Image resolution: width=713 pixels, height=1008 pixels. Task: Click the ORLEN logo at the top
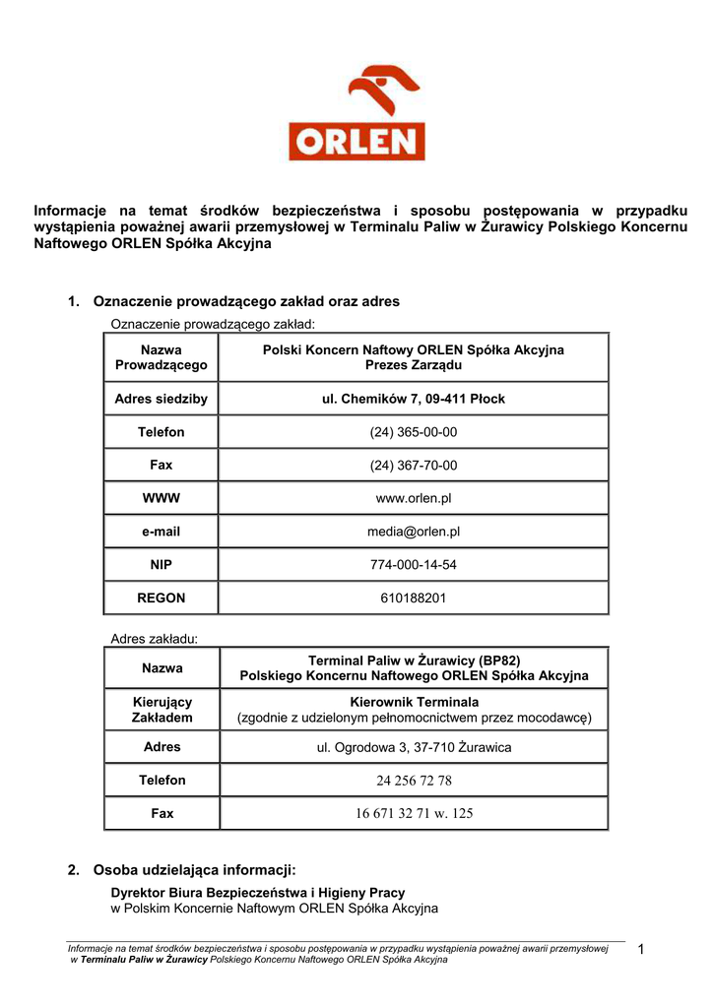[356, 113]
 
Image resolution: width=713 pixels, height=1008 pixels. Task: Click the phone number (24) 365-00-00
[414, 432]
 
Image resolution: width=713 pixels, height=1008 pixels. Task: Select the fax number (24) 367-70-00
[414, 466]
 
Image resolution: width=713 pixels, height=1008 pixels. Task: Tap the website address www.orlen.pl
[414, 498]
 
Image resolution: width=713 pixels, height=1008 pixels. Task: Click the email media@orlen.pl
[414, 532]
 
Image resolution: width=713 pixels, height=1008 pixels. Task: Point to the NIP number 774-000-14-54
[414, 565]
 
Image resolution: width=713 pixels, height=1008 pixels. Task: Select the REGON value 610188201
[414, 598]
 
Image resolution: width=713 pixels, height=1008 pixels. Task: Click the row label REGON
[162, 598]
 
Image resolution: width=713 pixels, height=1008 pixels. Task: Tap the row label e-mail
[162, 532]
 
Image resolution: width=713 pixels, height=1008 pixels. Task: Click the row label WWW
[162, 498]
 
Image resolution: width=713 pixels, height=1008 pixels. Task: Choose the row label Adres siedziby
[162, 399]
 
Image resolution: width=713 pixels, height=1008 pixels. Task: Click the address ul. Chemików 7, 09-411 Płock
[414, 399]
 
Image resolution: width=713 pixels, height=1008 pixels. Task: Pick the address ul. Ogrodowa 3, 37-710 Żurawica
[414, 747]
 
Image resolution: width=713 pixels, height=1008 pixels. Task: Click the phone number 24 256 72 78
[414, 781]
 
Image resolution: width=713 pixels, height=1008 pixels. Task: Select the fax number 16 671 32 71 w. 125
[414, 814]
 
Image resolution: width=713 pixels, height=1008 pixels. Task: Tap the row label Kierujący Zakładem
[162, 710]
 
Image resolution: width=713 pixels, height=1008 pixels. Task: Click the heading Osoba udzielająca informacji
[194, 870]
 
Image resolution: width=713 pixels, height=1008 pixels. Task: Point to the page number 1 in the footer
[641, 950]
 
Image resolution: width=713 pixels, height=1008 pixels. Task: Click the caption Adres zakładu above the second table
[155, 639]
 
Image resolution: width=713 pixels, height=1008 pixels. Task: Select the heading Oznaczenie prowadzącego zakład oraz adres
[246, 301]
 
